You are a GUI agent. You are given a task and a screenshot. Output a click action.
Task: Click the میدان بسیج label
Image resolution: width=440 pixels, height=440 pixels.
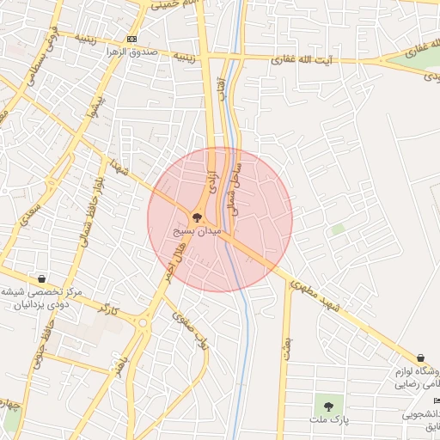tap(197, 232)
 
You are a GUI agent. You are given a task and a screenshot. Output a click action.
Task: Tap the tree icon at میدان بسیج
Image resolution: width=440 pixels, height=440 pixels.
tap(197, 218)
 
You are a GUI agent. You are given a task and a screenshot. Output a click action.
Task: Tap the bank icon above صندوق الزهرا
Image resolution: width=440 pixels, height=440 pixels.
tap(131, 40)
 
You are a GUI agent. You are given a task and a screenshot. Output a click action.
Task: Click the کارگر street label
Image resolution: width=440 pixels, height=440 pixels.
tap(108, 307)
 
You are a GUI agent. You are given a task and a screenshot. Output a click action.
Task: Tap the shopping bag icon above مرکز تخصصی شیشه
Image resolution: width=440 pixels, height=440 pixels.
tap(41, 278)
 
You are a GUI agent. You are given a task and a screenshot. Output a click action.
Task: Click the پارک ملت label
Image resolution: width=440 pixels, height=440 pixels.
tap(327, 420)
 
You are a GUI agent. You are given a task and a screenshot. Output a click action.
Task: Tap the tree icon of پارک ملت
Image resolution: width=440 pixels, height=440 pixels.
tap(326, 405)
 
